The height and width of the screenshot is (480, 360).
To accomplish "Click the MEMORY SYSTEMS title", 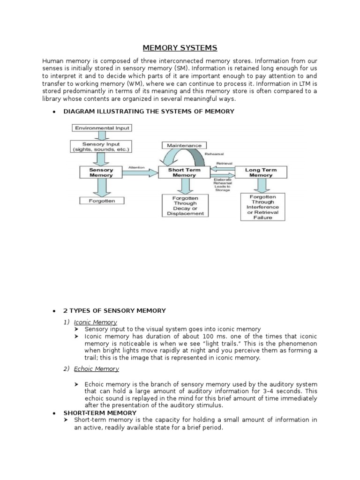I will [x=180, y=48].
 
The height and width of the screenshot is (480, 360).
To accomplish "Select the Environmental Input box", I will [x=101, y=127].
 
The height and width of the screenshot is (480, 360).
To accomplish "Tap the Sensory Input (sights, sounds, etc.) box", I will [x=100, y=147].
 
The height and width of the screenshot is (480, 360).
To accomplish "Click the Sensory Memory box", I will [x=101, y=172].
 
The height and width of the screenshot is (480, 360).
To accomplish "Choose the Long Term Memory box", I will [x=261, y=172].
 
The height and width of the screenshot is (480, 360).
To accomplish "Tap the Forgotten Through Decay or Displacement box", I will [x=185, y=206].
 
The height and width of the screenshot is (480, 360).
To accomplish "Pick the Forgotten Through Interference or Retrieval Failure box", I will [x=262, y=207].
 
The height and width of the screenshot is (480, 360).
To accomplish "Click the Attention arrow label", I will [x=136, y=167].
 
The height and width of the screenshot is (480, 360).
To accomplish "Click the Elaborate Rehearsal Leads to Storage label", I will [x=222, y=185].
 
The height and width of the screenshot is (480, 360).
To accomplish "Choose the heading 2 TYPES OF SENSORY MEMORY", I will [x=115, y=310].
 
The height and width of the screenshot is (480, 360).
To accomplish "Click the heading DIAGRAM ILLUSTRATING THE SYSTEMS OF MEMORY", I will [x=149, y=111].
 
